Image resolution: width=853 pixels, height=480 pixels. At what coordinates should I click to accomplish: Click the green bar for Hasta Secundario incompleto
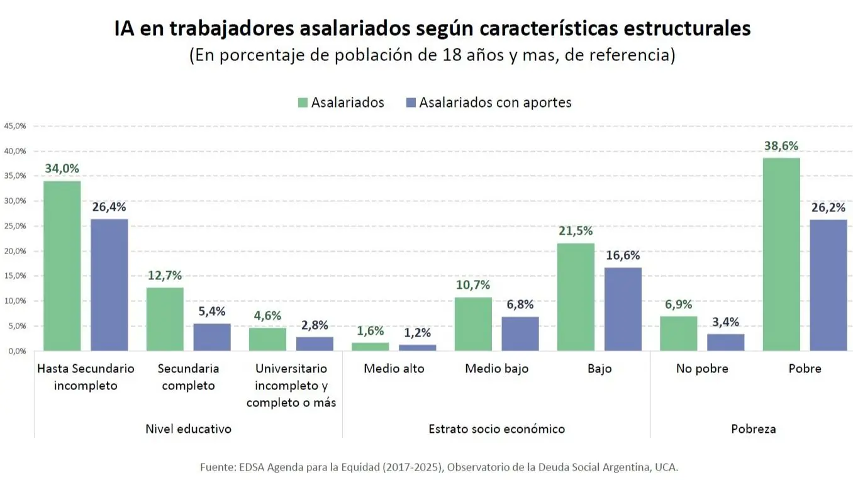(62, 265)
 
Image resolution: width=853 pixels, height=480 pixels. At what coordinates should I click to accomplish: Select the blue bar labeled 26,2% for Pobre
(828, 285)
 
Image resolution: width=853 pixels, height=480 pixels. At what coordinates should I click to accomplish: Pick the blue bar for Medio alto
(417, 347)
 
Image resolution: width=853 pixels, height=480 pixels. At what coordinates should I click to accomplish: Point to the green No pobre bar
(678, 333)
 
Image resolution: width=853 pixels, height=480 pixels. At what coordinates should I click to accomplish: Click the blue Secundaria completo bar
(211, 337)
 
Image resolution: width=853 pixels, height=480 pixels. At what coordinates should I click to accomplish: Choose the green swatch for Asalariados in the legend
(302, 103)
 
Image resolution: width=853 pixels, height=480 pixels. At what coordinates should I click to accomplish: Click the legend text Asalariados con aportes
(495, 103)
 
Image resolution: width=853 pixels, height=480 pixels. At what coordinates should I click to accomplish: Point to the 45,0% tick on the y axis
(15, 126)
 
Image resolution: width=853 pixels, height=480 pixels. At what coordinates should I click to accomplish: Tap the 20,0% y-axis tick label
(15, 251)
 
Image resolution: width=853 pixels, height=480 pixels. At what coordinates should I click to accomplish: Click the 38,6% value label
(781, 146)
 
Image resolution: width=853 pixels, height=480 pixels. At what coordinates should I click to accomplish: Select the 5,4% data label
(211, 311)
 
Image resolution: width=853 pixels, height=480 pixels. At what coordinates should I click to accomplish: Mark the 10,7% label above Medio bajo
(473, 285)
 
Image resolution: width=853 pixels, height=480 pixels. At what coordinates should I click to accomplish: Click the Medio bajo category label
(496, 369)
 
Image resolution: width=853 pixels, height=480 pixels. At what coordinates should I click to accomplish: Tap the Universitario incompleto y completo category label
(291, 385)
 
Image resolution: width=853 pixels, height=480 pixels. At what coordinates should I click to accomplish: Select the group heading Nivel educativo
(188, 429)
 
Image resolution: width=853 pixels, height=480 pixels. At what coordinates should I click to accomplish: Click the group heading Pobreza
(753, 429)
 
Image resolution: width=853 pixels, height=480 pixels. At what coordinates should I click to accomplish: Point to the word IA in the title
(124, 29)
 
